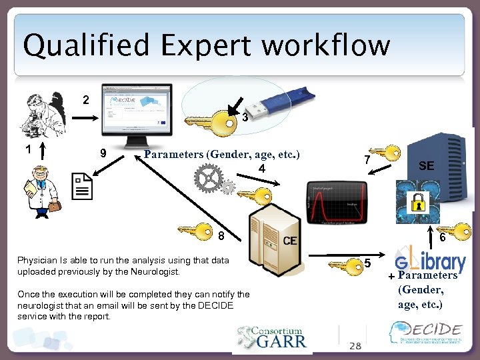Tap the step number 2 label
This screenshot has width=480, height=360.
(85, 100)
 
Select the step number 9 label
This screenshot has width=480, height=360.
(103, 152)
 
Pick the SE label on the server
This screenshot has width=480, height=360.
(426, 166)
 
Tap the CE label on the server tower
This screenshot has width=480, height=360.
(290, 240)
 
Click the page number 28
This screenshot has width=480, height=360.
(355, 345)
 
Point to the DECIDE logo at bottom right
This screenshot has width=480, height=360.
(427, 333)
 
